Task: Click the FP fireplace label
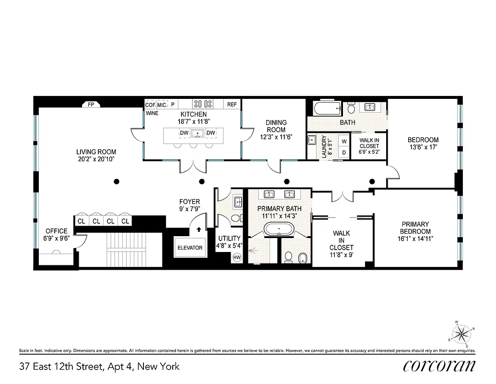pos(91,104)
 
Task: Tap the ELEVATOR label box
pos(190,248)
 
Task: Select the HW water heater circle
pos(236,258)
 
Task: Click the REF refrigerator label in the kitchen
pos(232,104)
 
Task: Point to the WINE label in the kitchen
pos(152,114)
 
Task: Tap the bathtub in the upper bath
pos(327,108)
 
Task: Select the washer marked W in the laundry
pos(343,142)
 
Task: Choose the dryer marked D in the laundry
pos(343,152)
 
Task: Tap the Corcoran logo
pos(439,366)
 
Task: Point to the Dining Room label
pos(276,126)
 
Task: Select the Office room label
pos(56,231)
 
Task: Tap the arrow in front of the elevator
pos(199,229)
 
